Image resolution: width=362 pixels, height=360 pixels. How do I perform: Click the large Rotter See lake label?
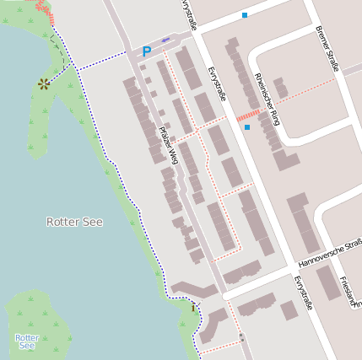tap(74, 222)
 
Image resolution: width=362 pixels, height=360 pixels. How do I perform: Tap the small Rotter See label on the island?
tap(27, 341)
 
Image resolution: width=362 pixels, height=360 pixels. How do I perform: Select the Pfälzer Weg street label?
tap(169, 145)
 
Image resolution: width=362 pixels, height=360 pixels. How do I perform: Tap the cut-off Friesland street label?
tap(352, 291)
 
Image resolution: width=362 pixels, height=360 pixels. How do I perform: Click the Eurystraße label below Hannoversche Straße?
tap(303, 292)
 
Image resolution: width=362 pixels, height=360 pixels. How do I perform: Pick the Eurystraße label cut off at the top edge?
tap(188, 14)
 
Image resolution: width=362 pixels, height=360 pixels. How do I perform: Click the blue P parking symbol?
tap(146, 52)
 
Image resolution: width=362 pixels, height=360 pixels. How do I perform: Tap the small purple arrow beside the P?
tap(165, 40)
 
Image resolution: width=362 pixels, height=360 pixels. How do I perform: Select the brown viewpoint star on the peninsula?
tap(43, 83)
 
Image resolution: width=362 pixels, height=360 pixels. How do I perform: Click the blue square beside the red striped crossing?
tap(247, 127)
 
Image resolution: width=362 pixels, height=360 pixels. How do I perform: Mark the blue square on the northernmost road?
tap(245, 15)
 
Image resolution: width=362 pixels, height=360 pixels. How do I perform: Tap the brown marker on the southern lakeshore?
tap(193, 308)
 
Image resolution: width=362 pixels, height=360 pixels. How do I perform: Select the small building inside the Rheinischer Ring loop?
tap(280, 88)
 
